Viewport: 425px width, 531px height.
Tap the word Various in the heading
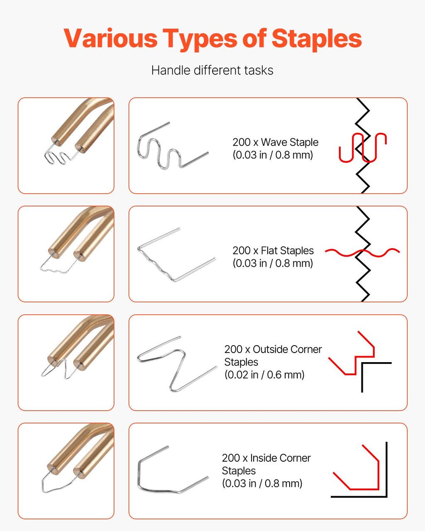click(110, 38)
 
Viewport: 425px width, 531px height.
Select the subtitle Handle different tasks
click(212, 71)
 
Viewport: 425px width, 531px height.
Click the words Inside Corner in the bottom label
click(280, 458)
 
